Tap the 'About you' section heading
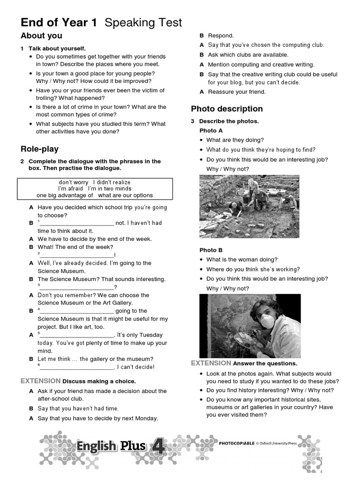tap(41, 36)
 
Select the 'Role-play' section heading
tap(39, 149)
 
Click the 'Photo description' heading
tap(227, 109)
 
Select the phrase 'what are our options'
tap(126, 195)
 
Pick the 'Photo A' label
tap(211, 131)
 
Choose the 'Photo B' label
tap(211, 250)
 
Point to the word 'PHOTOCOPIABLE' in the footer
tap(237, 442)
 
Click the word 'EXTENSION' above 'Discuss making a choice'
tap(40, 381)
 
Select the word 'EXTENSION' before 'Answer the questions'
tap(211, 363)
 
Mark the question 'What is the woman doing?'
tap(242, 260)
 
